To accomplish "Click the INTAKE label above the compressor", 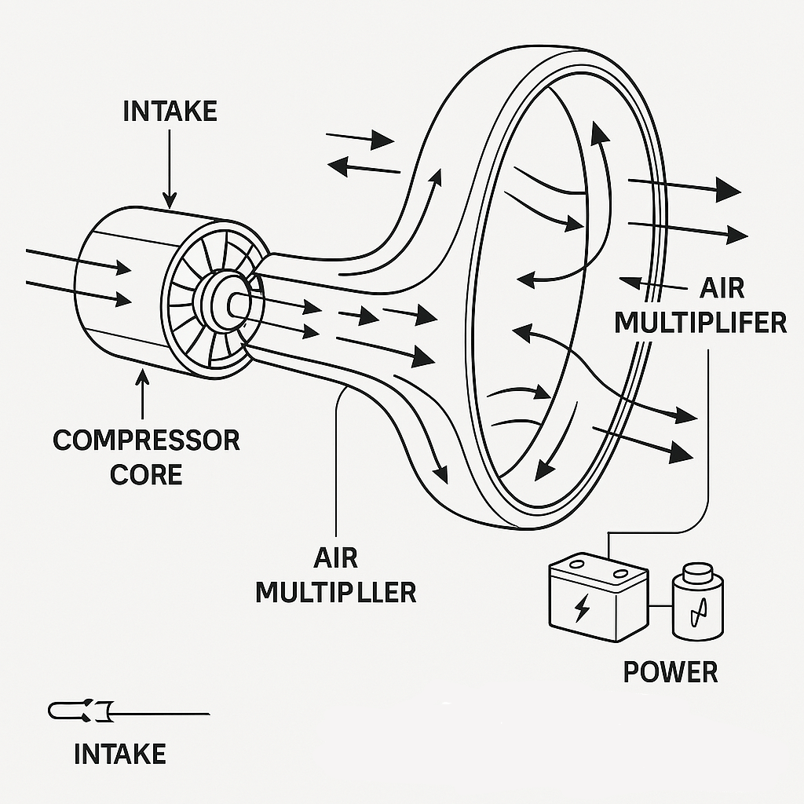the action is pos(170,111).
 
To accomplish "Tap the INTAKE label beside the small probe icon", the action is pos(120,754).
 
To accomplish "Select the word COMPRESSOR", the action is pos(147,440).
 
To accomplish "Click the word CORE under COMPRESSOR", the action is pos(147,474).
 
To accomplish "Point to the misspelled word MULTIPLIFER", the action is pos(700,323).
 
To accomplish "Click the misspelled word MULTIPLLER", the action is pos(336,592).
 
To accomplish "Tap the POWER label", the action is pos(671,672).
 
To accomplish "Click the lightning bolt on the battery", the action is pos(582,608).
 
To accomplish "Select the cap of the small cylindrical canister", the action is pos(698,571).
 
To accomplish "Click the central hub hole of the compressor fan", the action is pos(237,305).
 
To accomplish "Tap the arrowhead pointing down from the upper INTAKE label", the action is pos(170,200).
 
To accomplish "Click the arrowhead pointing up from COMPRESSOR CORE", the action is pos(143,378).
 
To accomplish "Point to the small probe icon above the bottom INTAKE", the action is pos(82,711).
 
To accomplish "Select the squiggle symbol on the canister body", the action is pos(698,612).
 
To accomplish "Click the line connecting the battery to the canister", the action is pos(660,606).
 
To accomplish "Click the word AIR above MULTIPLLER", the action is pos(336,558).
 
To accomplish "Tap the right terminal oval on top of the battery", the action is pos(622,572).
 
